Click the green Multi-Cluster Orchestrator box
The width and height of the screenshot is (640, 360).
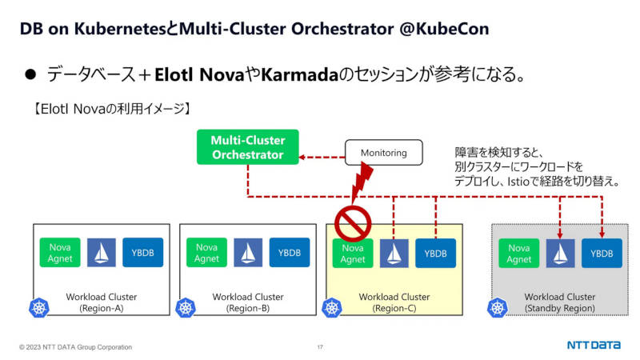click(x=248, y=147)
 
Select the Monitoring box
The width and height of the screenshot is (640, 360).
click(x=384, y=153)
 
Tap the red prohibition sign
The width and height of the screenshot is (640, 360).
click(x=353, y=223)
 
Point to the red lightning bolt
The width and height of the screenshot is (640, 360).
click(x=362, y=182)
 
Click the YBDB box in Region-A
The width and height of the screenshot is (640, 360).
click(x=143, y=253)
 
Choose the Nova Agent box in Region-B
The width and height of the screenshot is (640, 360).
click(x=206, y=253)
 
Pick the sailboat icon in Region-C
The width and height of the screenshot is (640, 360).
click(x=394, y=254)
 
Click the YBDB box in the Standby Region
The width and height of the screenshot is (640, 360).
click(x=602, y=254)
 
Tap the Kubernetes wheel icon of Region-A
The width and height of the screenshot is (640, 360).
click(x=39, y=308)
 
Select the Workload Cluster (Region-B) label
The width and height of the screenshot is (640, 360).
click(x=248, y=302)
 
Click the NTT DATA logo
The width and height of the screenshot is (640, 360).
click(x=594, y=346)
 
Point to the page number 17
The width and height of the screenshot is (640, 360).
click(x=320, y=347)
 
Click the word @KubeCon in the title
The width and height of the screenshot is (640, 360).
click(x=444, y=29)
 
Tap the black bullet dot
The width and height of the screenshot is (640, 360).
click(x=30, y=74)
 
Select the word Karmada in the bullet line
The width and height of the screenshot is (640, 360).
click(x=299, y=74)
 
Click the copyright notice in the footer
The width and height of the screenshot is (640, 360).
click(x=75, y=347)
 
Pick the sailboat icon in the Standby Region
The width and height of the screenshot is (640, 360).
click(x=560, y=254)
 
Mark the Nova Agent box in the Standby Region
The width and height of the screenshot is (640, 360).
click(x=518, y=254)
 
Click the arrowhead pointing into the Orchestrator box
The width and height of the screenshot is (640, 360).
click(x=302, y=157)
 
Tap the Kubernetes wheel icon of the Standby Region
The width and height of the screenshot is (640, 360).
click(x=498, y=308)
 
